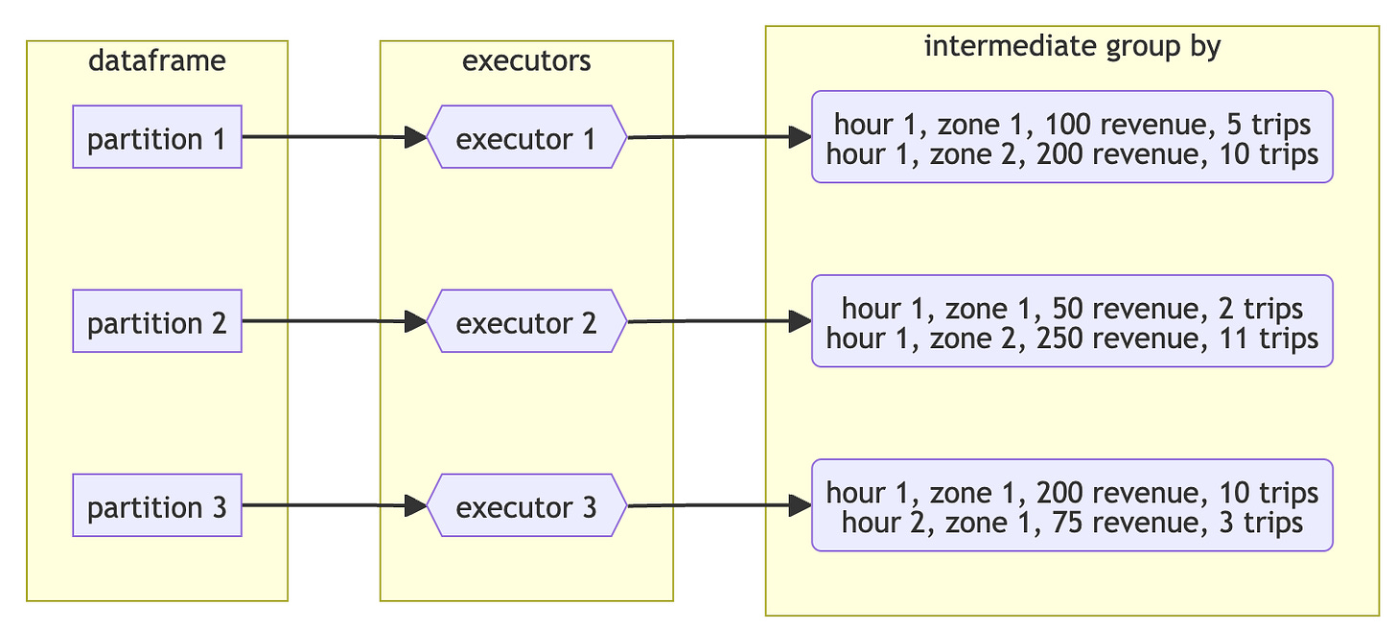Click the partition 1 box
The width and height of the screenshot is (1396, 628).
tap(157, 137)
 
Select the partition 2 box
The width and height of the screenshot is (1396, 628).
tap(157, 321)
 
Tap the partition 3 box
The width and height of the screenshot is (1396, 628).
tap(157, 505)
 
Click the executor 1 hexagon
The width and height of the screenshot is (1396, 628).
tap(525, 137)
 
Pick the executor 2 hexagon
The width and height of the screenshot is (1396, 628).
tap(525, 321)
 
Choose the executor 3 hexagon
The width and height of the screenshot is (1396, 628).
tap(525, 505)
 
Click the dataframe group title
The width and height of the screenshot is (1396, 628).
tap(157, 61)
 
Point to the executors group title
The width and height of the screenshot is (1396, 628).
tap(526, 61)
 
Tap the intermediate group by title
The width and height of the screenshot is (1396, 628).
tap(1072, 46)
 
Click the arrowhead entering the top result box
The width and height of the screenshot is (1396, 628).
tap(801, 137)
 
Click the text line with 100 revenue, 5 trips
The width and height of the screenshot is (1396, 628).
tap(1072, 124)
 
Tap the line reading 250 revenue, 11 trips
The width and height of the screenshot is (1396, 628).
tap(1072, 337)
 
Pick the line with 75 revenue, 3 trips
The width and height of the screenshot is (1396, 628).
tap(1072, 522)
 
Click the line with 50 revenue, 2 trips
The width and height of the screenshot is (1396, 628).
tap(1072, 308)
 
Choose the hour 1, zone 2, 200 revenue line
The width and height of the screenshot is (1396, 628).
tap(1072, 153)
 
